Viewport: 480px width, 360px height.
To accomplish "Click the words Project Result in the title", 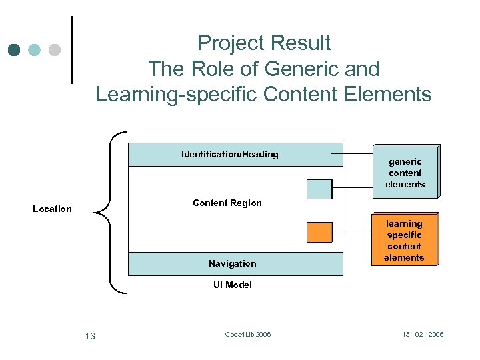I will [x=263, y=43].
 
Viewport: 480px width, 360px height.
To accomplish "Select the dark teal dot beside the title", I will [x=15, y=50].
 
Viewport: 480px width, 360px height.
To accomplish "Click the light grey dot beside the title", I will [x=55, y=50].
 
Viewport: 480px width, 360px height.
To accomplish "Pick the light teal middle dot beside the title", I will [x=35, y=50].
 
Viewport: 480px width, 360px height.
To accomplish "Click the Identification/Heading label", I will [x=230, y=155].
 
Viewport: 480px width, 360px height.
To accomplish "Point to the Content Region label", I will [x=227, y=203].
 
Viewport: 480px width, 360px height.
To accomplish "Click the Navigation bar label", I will [x=232, y=263].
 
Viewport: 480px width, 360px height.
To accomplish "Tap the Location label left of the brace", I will [x=52, y=209].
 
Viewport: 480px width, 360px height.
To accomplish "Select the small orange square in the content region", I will [x=319, y=231].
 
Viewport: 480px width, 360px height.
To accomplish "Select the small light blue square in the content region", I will [x=319, y=189].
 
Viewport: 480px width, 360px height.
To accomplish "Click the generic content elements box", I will [x=405, y=172].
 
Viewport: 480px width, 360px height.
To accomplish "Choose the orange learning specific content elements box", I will [x=404, y=241].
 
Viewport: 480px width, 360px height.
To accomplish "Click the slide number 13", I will [x=90, y=336].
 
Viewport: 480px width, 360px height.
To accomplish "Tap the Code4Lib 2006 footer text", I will [x=248, y=334].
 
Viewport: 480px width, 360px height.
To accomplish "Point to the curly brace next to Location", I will [x=108, y=212].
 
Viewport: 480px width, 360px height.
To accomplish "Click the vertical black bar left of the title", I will [x=72, y=50].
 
